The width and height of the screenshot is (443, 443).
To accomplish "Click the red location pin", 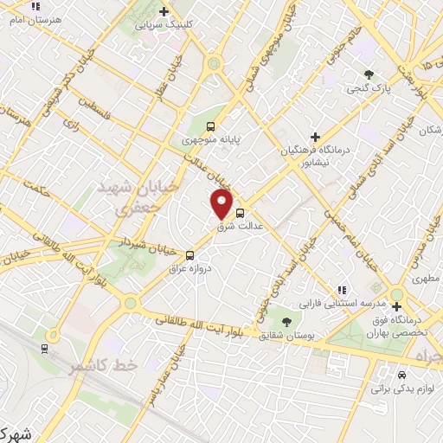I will (x=222, y=204).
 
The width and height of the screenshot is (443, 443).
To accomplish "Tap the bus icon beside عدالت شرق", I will (x=240, y=212).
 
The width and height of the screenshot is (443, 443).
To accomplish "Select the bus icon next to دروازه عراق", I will (x=189, y=254).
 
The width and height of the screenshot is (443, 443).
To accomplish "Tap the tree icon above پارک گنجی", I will (x=370, y=74).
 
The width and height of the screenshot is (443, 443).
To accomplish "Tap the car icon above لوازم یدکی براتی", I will (x=402, y=376).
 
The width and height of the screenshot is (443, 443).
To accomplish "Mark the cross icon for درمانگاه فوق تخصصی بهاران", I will (x=397, y=306).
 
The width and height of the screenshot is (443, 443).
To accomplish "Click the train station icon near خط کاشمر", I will (x=44, y=348).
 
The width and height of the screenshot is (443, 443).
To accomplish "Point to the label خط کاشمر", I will (x=104, y=366).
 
